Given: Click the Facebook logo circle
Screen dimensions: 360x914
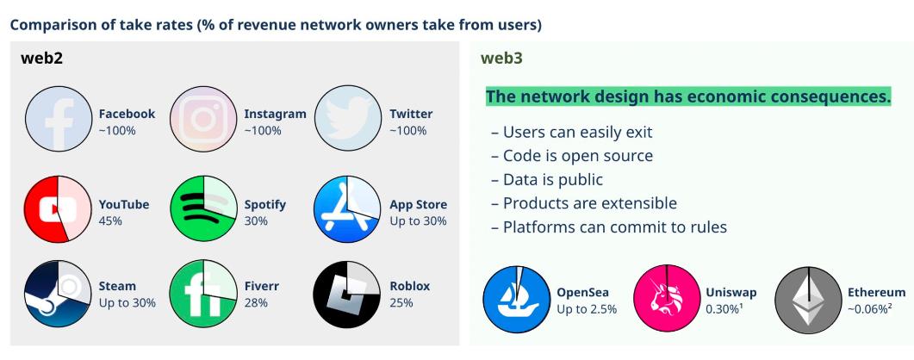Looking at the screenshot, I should point(59,121).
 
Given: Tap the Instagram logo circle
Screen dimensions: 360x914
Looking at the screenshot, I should point(203,121).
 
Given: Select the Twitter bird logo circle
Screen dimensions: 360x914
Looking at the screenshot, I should point(348,121).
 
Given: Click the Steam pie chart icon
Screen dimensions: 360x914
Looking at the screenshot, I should point(59,294).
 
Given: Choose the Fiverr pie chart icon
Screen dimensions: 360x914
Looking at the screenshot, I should point(203,294).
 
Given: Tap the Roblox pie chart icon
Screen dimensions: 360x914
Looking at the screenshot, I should point(348,294).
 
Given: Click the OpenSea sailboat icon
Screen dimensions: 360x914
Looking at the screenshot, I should point(515,301).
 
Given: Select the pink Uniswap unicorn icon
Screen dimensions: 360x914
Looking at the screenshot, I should point(664,301).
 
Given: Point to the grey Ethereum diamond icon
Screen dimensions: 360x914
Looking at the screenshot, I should point(808,301).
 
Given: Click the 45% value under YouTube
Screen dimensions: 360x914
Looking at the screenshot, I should point(110,221).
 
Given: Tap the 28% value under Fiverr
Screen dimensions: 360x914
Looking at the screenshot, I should point(256,303).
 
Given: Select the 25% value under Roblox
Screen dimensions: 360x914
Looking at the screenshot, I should point(401,303).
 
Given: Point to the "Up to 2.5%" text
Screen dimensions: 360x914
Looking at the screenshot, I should point(587,309).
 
